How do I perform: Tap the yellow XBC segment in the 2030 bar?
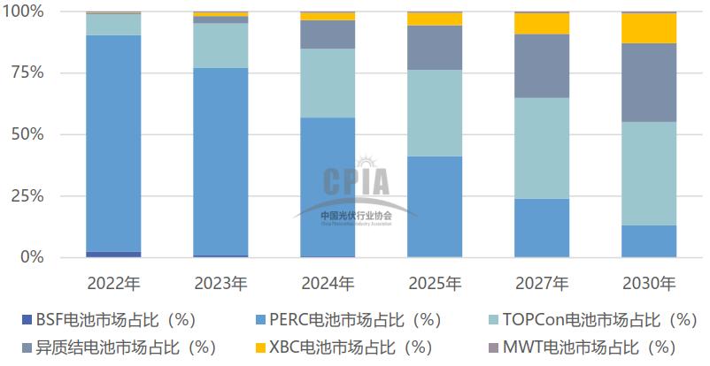[x=648, y=28]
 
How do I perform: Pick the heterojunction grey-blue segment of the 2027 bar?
[x=541, y=66]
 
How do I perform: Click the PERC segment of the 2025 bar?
[x=434, y=206]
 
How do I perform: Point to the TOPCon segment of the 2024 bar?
[x=328, y=83]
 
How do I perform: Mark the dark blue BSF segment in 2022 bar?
[x=113, y=254]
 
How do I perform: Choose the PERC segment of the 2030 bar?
[x=648, y=240]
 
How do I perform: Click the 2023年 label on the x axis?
[x=220, y=284]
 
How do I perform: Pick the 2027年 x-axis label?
[x=541, y=284]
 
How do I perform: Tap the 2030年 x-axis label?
[x=648, y=284]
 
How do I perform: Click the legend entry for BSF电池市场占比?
[x=111, y=318]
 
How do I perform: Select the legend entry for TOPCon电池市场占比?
[x=590, y=318]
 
